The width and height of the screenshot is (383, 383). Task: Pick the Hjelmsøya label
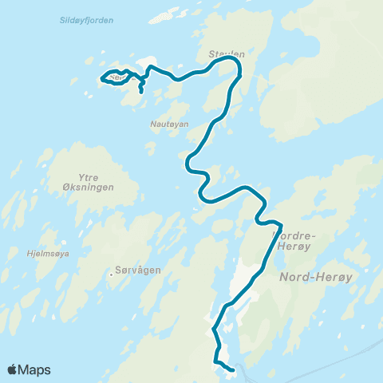49,254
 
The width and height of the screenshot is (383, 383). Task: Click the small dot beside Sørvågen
111,276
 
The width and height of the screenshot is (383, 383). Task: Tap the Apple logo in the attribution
14,369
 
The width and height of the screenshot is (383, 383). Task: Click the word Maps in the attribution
35,369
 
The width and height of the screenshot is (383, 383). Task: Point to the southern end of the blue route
231,369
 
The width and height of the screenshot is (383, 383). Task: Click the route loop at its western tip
102,78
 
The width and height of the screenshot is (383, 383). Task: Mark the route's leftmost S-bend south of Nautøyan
189,164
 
